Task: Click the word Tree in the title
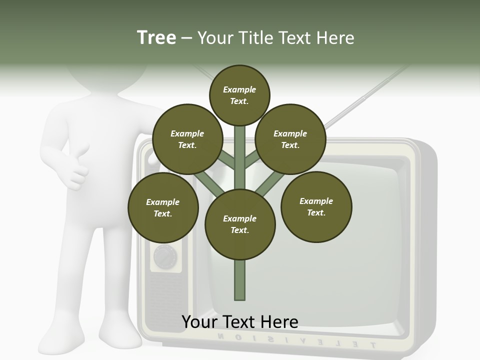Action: (x=156, y=38)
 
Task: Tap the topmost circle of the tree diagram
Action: (x=239, y=95)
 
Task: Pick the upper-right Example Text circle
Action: (x=290, y=139)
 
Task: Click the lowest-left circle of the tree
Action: (x=163, y=207)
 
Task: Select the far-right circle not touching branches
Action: (x=316, y=206)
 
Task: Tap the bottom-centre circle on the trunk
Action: (x=240, y=224)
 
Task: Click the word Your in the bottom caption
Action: (x=200, y=322)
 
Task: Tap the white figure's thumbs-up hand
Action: (x=77, y=167)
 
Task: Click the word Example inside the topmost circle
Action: (x=239, y=89)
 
